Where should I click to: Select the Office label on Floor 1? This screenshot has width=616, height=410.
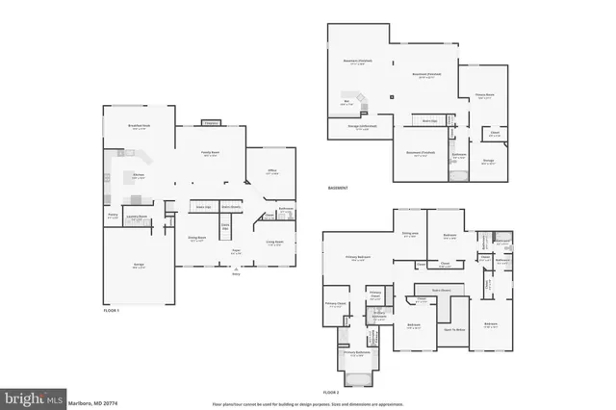tap(272, 171)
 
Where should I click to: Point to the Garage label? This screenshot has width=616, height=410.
tap(138, 266)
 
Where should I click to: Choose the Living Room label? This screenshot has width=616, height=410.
tap(273, 243)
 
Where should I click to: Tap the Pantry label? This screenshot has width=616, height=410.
tap(113, 217)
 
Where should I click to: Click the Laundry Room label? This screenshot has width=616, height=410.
tap(139, 218)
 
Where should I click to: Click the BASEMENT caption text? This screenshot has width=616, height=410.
tap(338, 188)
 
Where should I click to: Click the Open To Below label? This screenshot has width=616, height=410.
tap(453, 330)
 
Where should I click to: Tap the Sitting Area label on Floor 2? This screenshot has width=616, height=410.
tap(410, 235)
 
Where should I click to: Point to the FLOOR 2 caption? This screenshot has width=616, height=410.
tap(332, 393)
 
